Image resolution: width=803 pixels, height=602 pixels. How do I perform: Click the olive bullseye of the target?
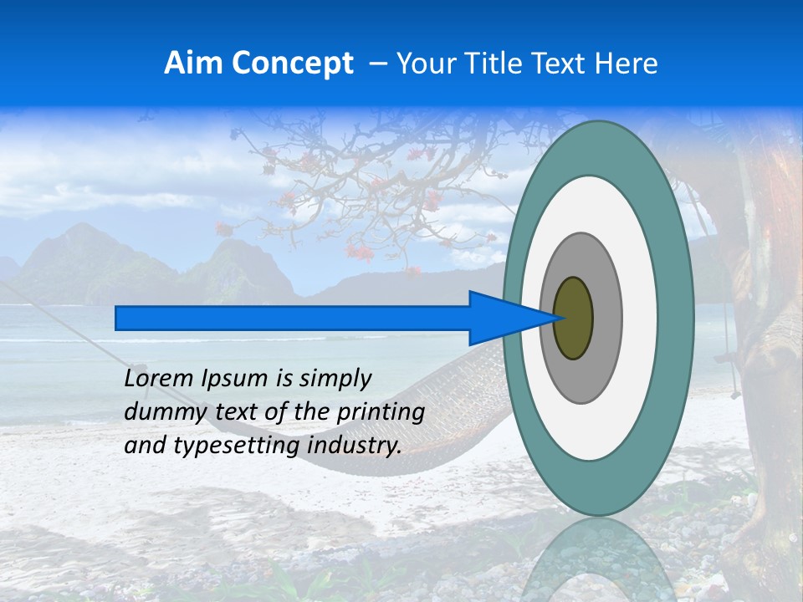pos(574,318)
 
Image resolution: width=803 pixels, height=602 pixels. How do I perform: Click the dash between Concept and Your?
pos(376,64)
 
